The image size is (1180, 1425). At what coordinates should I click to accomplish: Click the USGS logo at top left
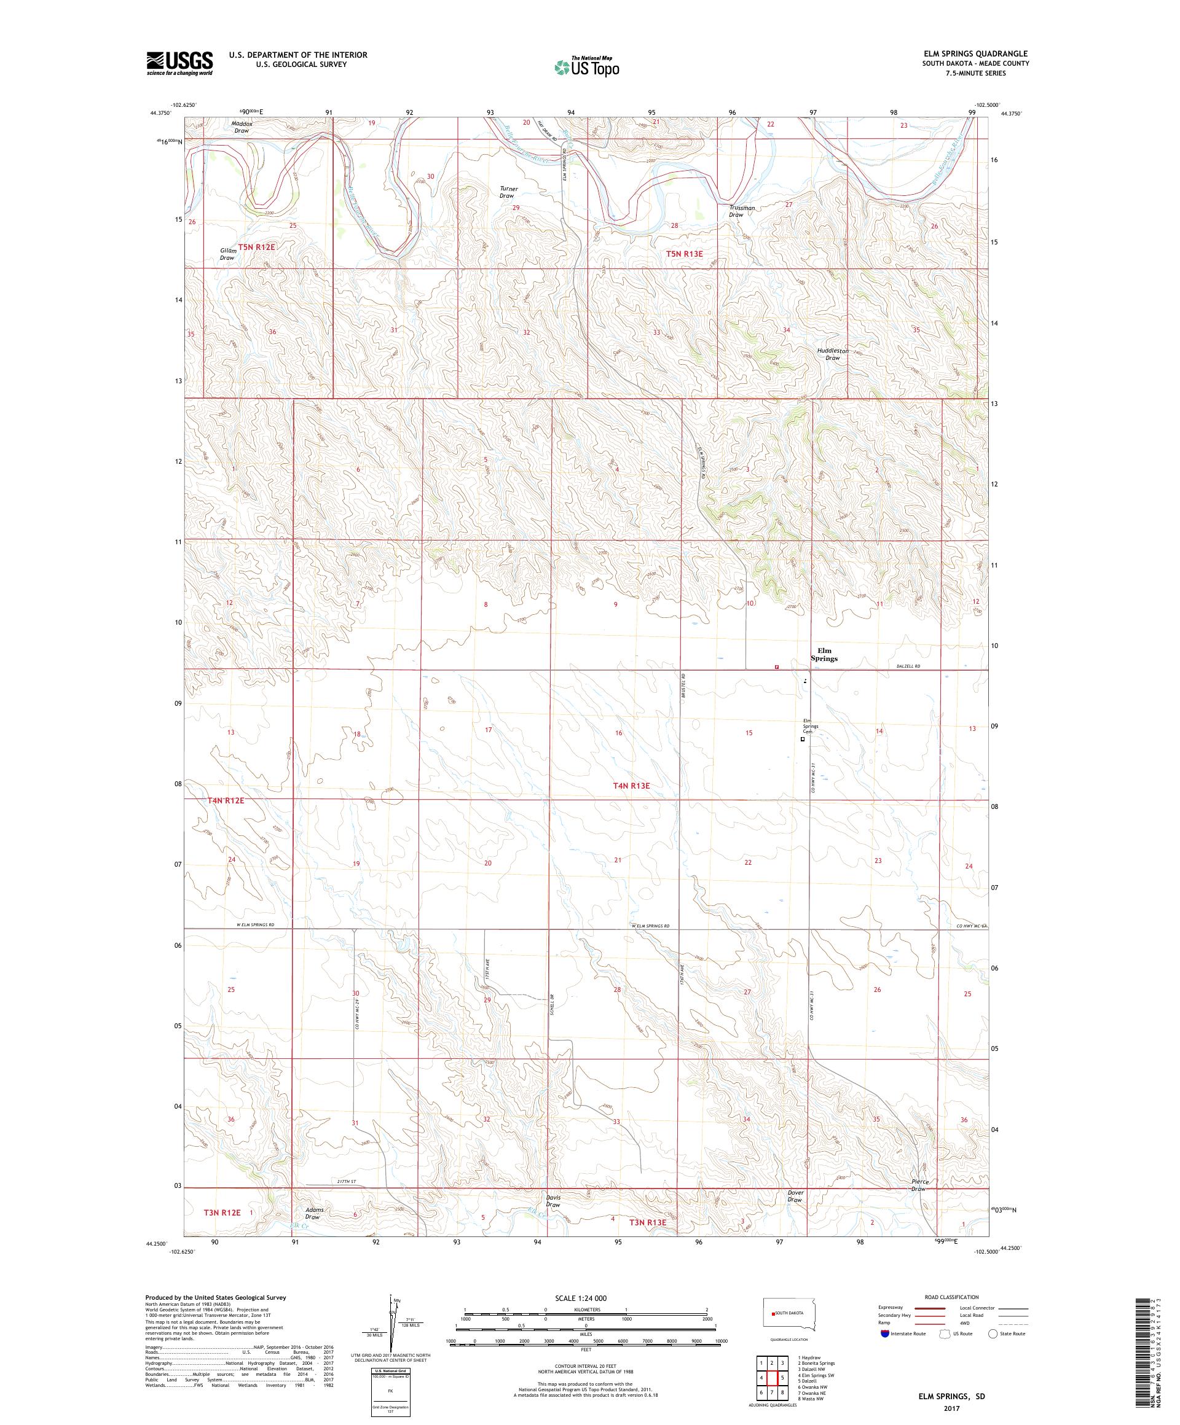pyautogui.click(x=179, y=63)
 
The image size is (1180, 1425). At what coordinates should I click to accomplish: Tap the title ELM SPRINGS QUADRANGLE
pyautogui.click(x=972, y=53)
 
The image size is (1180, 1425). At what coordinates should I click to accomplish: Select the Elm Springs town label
pyautogui.click(x=824, y=654)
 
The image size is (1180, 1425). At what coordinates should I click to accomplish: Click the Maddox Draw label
pyautogui.click(x=241, y=127)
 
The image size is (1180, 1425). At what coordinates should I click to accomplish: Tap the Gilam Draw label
pyautogui.click(x=227, y=254)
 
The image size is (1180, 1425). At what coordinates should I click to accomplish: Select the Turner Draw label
pyautogui.click(x=508, y=192)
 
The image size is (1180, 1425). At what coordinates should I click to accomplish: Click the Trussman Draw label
pyautogui.click(x=741, y=211)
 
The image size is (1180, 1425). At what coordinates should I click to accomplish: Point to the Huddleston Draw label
pyautogui.click(x=832, y=354)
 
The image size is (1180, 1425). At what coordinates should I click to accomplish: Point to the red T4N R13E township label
pyautogui.click(x=631, y=786)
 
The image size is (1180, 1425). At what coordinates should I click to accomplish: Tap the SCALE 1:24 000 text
pyautogui.click(x=586, y=1297)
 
